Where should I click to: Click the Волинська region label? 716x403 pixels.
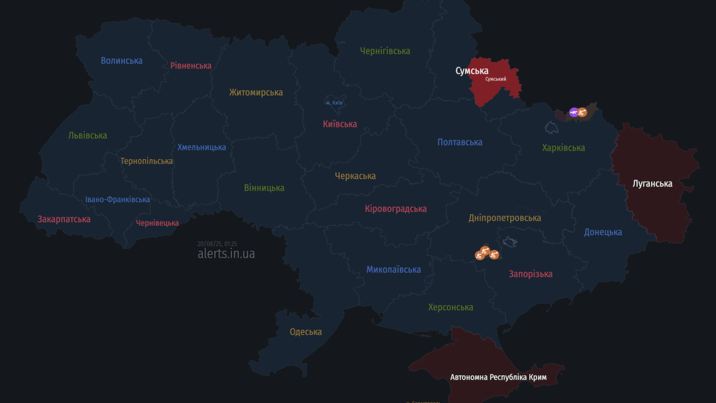121,60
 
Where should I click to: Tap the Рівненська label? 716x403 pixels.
191,65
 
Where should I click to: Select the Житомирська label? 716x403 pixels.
256,92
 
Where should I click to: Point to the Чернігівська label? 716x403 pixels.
385,51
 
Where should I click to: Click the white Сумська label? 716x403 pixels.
472,71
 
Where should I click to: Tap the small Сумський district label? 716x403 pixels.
496,79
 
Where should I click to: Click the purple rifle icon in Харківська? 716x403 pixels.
573,112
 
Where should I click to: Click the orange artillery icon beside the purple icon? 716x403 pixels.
582,113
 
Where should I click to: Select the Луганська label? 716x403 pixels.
652,184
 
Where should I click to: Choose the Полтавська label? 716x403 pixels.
460,142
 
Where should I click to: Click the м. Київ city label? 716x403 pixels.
335,103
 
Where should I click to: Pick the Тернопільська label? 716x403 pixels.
147,161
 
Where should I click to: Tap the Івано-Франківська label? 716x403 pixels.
117,200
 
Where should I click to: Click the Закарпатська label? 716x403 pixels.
64,219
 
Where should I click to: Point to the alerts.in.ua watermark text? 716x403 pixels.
226,254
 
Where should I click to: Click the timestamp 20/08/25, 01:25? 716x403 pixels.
217,243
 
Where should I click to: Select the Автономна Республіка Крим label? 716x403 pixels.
498,377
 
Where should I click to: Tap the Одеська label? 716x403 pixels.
305,332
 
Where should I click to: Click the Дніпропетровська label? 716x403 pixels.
505,218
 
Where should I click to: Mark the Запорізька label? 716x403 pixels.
530,274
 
